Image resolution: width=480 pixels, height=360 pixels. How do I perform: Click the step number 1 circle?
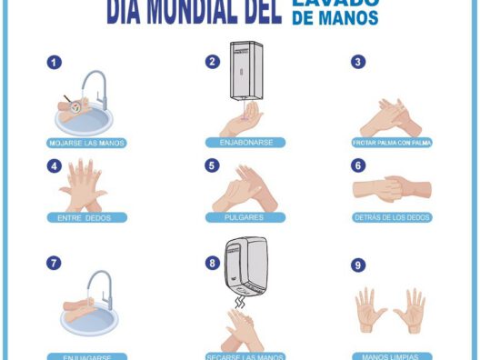pyautogui.click(x=55, y=63)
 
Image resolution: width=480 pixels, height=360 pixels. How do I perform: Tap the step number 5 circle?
pyautogui.click(x=213, y=165)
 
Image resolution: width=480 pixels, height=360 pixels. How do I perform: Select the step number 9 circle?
pyautogui.click(x=358, y=265)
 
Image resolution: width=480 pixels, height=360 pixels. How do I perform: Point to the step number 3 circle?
pyautogui.click(x=358, y=62)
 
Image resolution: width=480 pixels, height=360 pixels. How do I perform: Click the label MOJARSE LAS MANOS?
pyautogui.click(x=87, y=143)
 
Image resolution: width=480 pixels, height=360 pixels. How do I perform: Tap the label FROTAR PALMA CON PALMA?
pyautogui.click(x=391, y=143)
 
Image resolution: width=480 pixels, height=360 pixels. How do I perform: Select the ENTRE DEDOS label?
pyautogui.click(x=87, y=217)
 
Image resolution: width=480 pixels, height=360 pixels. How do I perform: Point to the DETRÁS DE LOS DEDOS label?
pyautogui.click(x=391, y=217)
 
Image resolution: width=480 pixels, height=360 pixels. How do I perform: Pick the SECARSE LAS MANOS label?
pyautogui.click(x=245, y=356)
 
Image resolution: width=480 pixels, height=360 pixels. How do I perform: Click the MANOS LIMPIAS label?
pyautogui.click(x=391, y=356)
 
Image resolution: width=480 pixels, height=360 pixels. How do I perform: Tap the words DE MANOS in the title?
pyautogui.click(x=335, y=18)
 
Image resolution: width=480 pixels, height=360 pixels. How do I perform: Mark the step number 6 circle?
pyautogui.click(x=358, y=165)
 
